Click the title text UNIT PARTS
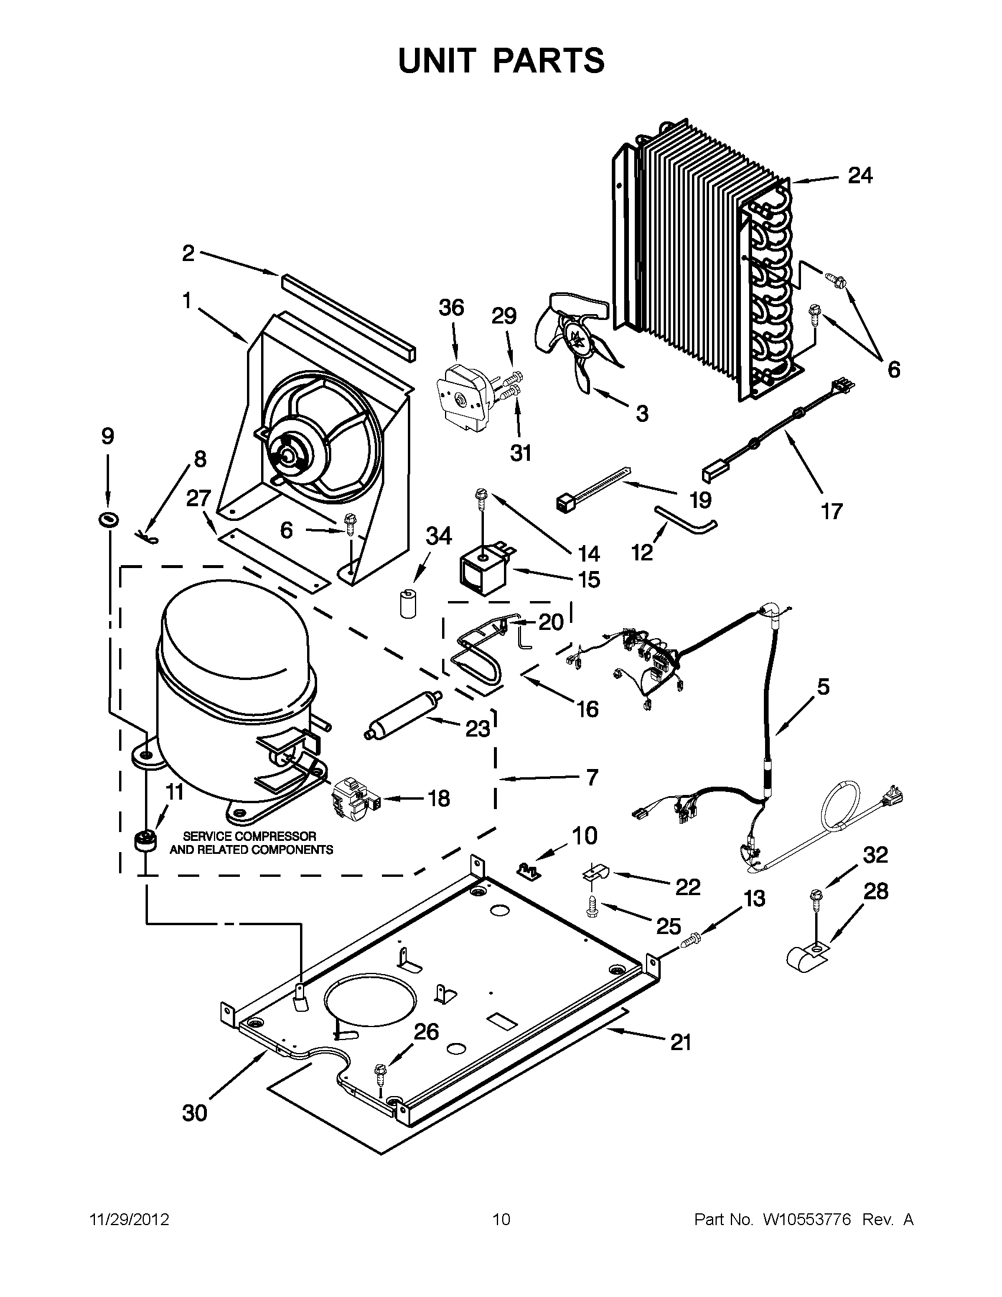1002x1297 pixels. pos(500,61)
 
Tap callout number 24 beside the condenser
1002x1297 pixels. pos(859,176)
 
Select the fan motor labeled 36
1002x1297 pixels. pos(463,396)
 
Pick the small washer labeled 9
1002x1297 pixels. pos(108,520)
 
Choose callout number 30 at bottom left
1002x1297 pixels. pos(195,1113)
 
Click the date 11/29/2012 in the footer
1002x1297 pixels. pos(129,1220)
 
